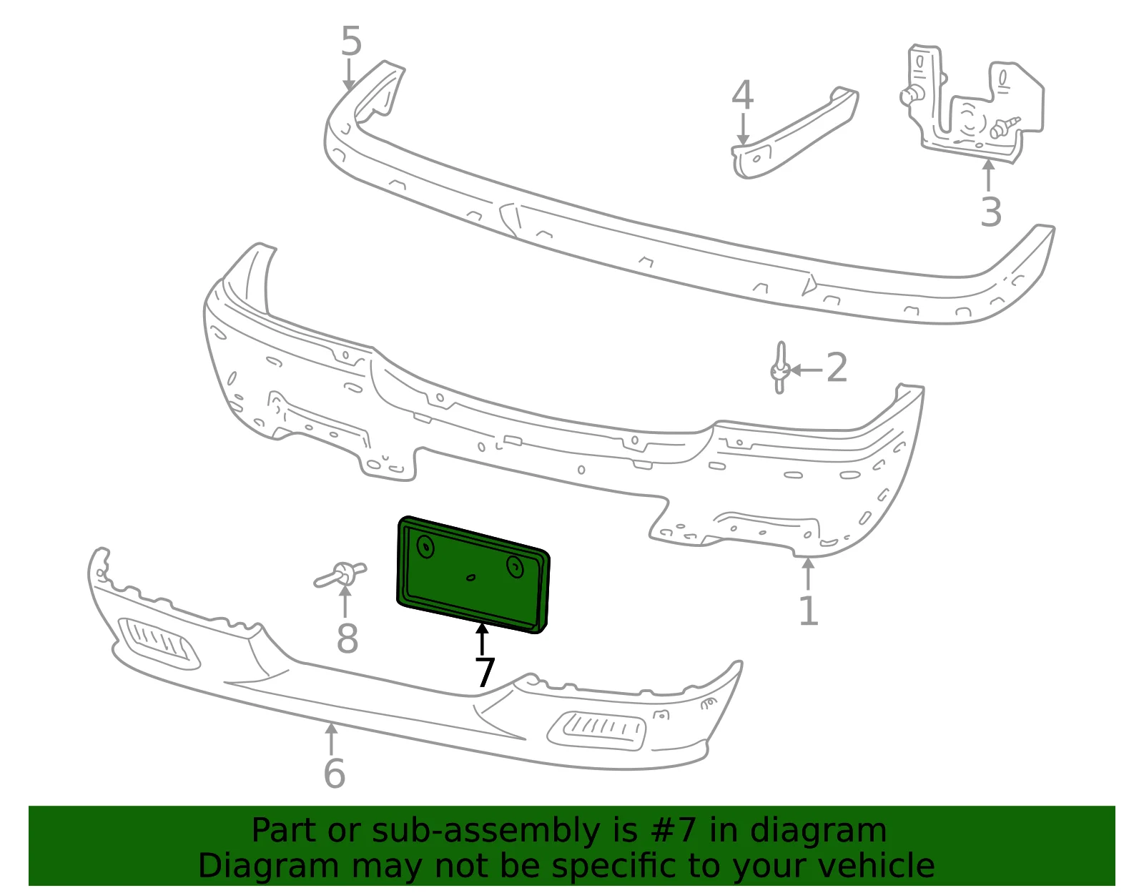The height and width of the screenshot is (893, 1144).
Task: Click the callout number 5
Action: tap(351, 41)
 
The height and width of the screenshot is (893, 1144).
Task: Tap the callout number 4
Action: tap(742, 95)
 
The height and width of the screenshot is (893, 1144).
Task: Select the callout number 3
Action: tap(991, 212)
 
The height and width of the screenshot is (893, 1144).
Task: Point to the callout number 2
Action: tap(837, 367)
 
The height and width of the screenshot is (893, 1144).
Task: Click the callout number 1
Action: tap(809, 611)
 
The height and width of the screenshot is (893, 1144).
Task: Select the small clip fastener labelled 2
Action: tap(780, 367)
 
